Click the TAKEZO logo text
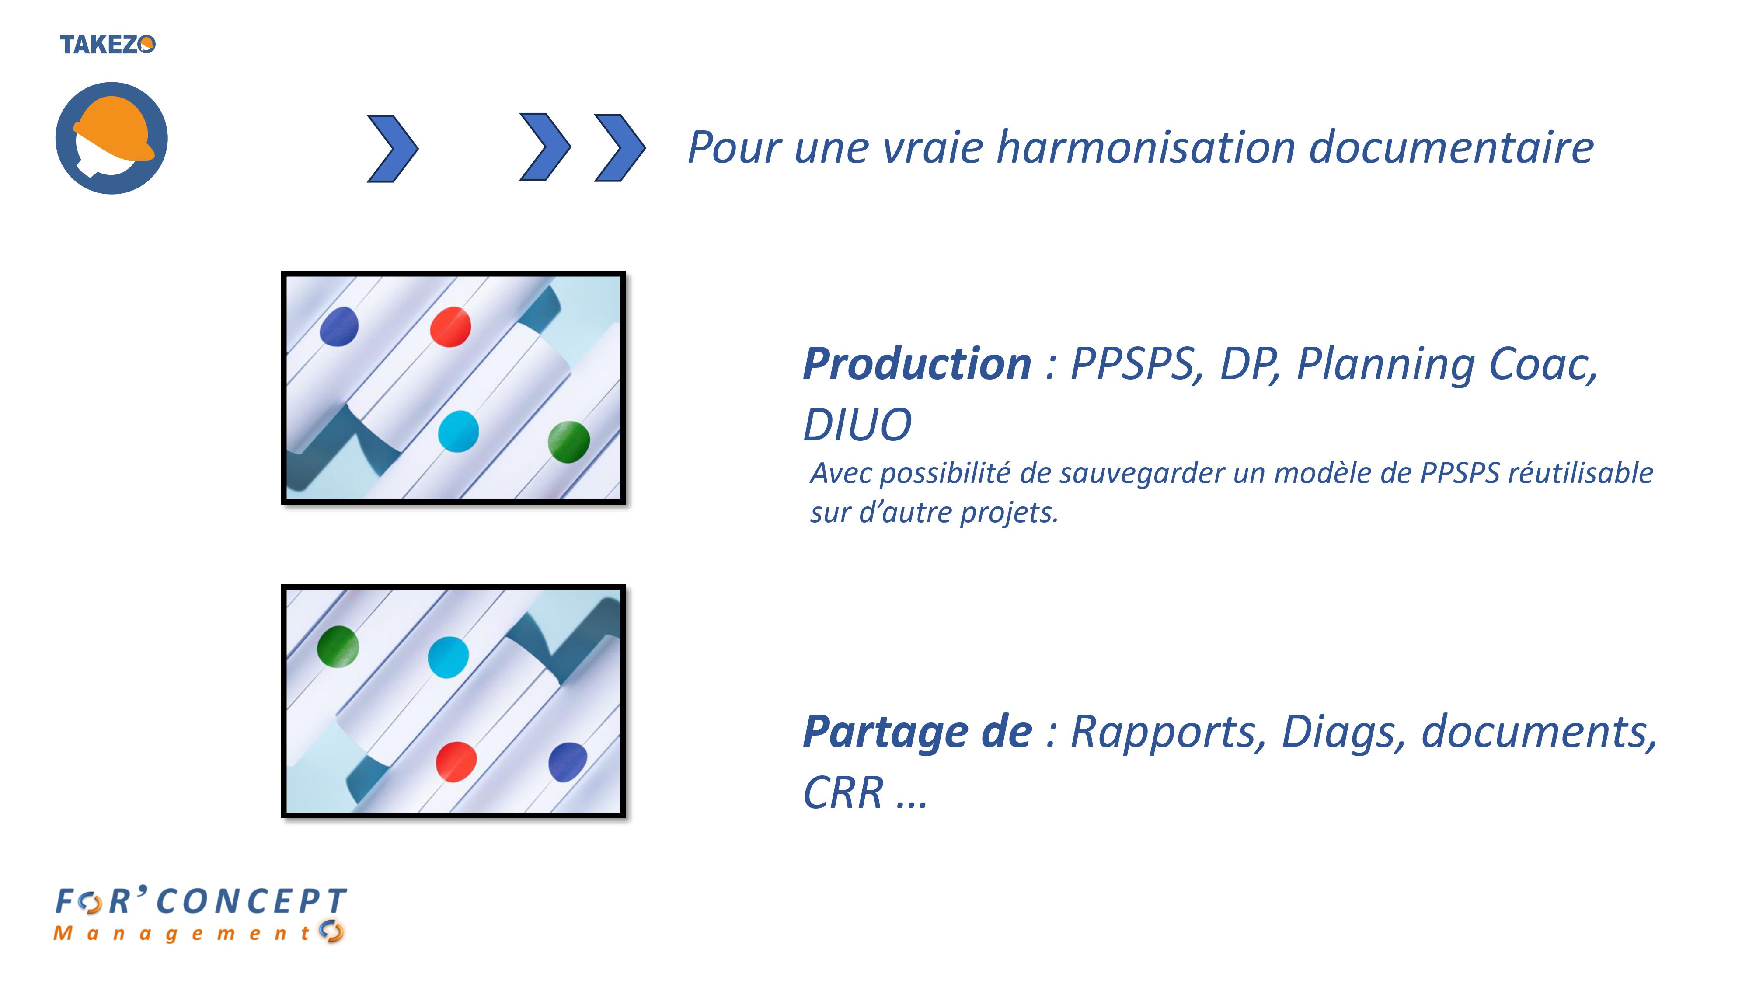coord(107,45)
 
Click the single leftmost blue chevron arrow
coord(393,148)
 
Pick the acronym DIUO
coord(857,425)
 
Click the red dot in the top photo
coord(451,327)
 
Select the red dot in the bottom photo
coord(456,762)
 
